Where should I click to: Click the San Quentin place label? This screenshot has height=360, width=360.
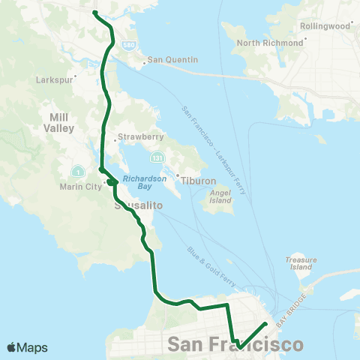click(x=172, y=60)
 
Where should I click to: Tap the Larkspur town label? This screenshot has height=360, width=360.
click(x=52, y=77)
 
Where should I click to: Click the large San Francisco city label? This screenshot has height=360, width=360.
click(x=236, y=344)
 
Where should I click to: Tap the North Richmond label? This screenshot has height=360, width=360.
click(x=270, y=43)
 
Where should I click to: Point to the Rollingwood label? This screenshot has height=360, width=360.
click(x=325, y=25)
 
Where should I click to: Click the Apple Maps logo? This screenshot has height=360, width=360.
click(x=27, y=347)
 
